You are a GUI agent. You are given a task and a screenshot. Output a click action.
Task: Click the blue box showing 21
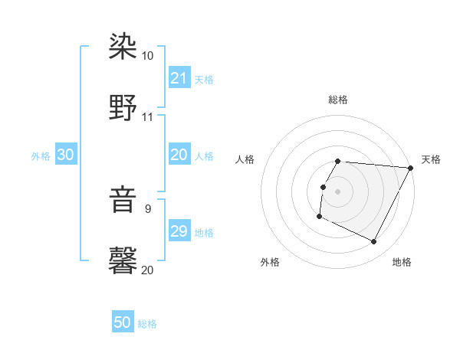[179, 78]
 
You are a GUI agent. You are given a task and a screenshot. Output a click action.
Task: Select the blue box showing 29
[179, 231]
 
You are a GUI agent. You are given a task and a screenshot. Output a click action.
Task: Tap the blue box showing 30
[66, 155]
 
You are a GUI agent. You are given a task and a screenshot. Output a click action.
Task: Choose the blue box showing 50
[123, 322]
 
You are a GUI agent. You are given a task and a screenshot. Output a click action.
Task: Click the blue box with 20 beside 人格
[179, 155]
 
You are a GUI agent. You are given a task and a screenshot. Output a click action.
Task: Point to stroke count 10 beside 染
[147, 56]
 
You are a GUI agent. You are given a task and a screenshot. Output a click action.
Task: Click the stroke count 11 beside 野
[147, 117]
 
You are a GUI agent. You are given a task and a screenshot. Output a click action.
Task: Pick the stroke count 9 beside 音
[147, 208]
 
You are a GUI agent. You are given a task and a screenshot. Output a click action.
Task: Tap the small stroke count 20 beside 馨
[147, 270]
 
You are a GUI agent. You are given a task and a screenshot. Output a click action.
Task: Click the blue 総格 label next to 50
[147, 324]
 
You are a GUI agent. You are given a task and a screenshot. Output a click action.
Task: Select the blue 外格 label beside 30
[41, 155]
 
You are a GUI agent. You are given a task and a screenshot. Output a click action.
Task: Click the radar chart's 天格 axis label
[431, 159]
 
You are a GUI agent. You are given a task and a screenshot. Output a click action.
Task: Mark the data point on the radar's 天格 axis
[411, 167]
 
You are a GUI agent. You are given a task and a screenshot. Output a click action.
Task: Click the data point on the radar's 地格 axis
[374, 242]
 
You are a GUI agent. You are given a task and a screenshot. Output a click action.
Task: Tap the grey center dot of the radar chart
[337, 191]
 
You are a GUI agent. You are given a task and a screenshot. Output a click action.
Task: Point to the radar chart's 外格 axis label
[270, 262]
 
